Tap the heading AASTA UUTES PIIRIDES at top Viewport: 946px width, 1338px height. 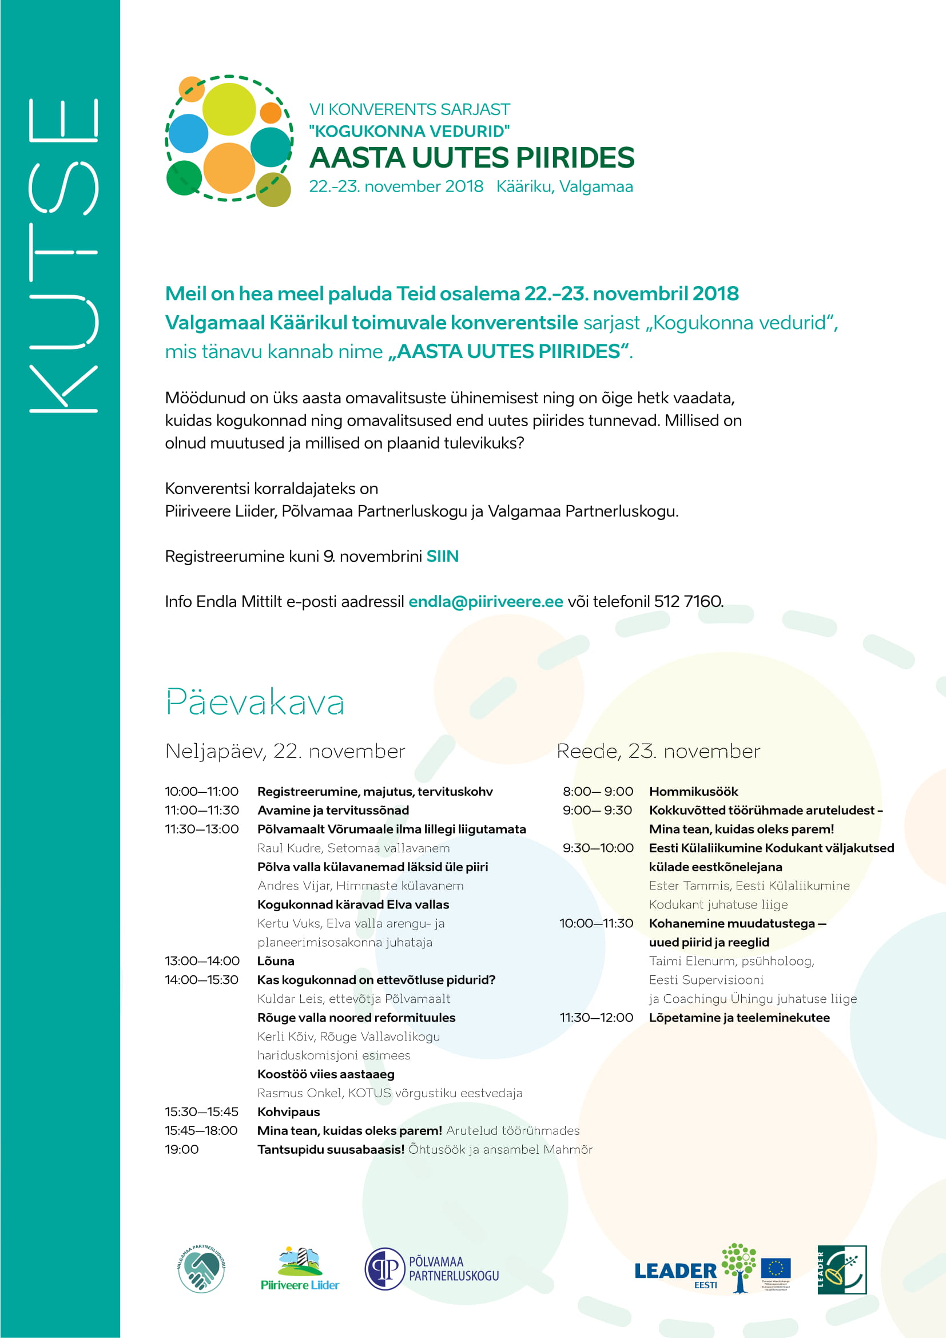[471, 158]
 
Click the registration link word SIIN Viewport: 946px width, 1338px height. [442, 557]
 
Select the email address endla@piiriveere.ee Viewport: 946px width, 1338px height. [485, 601]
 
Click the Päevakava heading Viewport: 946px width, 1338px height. [255, 702]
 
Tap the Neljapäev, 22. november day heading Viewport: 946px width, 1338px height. [285, 751]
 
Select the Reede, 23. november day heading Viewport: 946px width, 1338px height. [658, 751]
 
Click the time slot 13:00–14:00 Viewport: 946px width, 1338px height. [202, 961]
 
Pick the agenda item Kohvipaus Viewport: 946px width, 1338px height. [288, 1112]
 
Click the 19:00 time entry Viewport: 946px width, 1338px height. [182, 1149]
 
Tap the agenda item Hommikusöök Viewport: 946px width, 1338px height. [693, 791]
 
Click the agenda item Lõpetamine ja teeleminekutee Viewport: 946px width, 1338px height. [738, 1018]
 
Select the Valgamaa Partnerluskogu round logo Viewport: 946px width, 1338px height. [201, 1269]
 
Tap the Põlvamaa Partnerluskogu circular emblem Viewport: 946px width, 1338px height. [384, 1269]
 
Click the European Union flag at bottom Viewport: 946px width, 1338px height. [776, 1268]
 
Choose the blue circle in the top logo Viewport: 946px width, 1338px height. [188, 133]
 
